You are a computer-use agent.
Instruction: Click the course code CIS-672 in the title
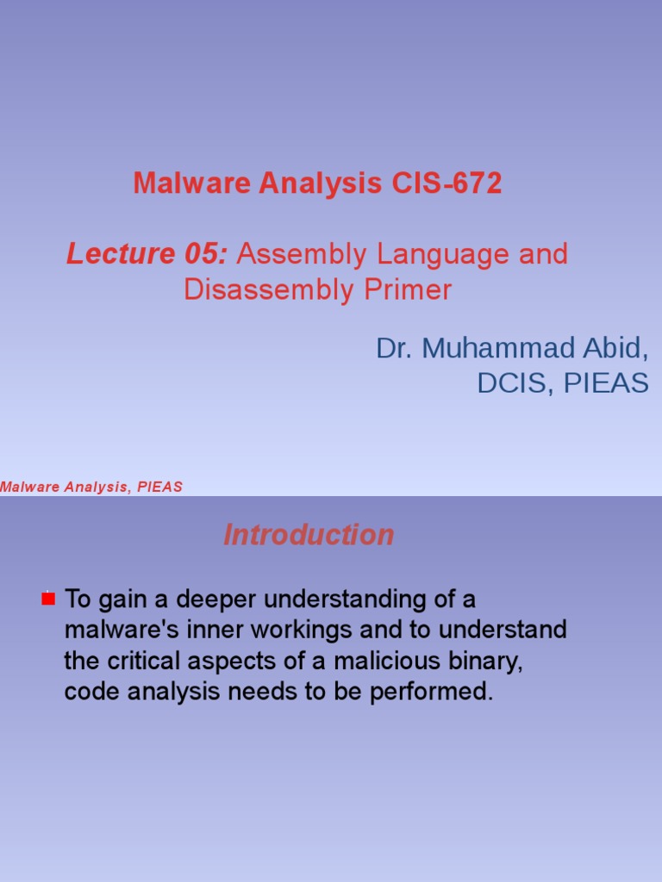pos(447,183)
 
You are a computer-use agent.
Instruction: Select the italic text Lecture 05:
pos(147,254)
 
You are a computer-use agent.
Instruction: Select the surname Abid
pos(615,348)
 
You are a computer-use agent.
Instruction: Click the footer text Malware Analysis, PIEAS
pos(91,487)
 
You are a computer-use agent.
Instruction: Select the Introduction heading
pos(309,534)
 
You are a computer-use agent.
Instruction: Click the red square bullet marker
pos(48,599)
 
